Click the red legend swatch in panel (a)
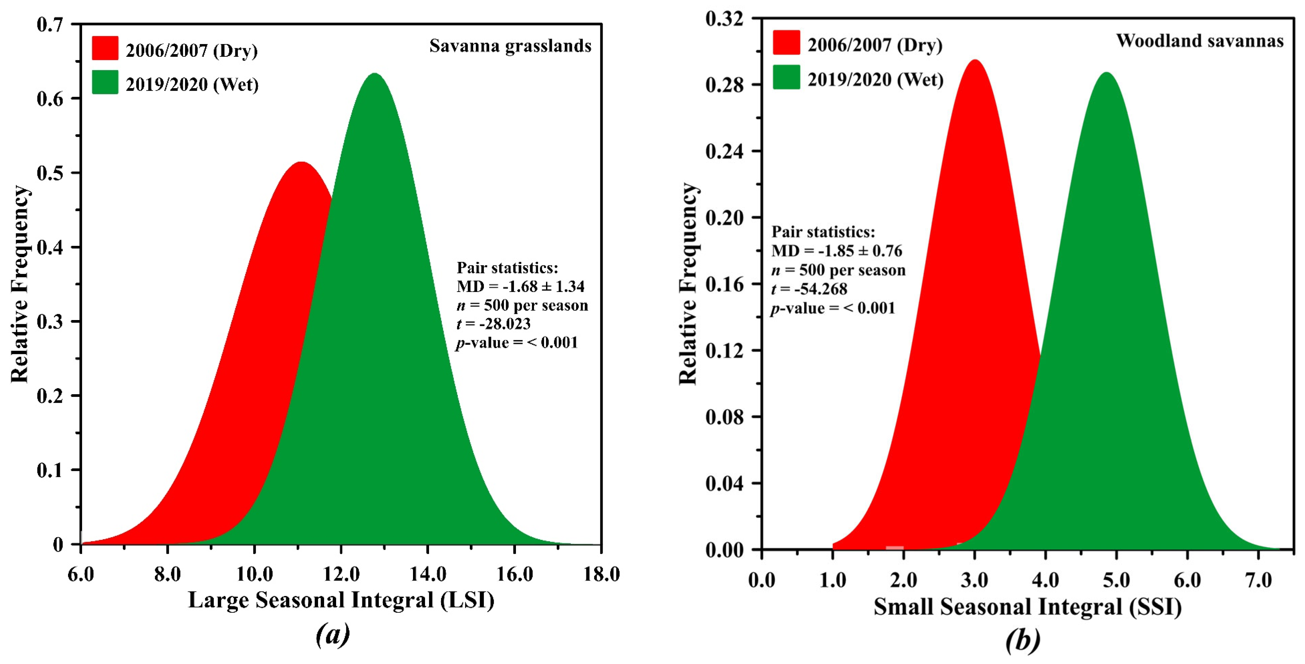click(x=105, y=49)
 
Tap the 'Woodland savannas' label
click(x=1200, y=41)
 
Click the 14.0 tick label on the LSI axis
click(x=428, y=574)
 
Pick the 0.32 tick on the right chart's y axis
click(x=724, y=19)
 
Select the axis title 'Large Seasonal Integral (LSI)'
click(x=341, y=601)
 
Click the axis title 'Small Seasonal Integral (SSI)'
click(x=1027, y=607)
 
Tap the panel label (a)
click(x=333, y=634)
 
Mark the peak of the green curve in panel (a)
click(x=374, y=75)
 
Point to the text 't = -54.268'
click(x=809, y=289)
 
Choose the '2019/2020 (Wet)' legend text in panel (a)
click(x=192, y=84)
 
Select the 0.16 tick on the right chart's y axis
click(x=724, y=284)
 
